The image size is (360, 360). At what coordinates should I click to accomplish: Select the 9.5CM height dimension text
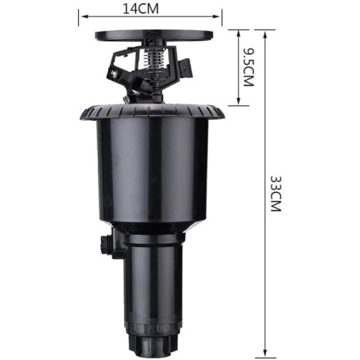click(248, 68)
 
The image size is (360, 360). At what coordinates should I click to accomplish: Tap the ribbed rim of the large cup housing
click(151, 112)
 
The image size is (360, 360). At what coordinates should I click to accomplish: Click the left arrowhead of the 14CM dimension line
click(81, 13)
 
